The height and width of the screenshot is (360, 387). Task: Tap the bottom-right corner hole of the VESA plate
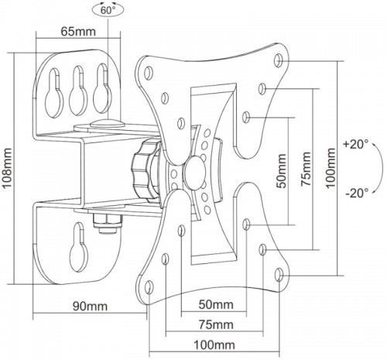(280, 272)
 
